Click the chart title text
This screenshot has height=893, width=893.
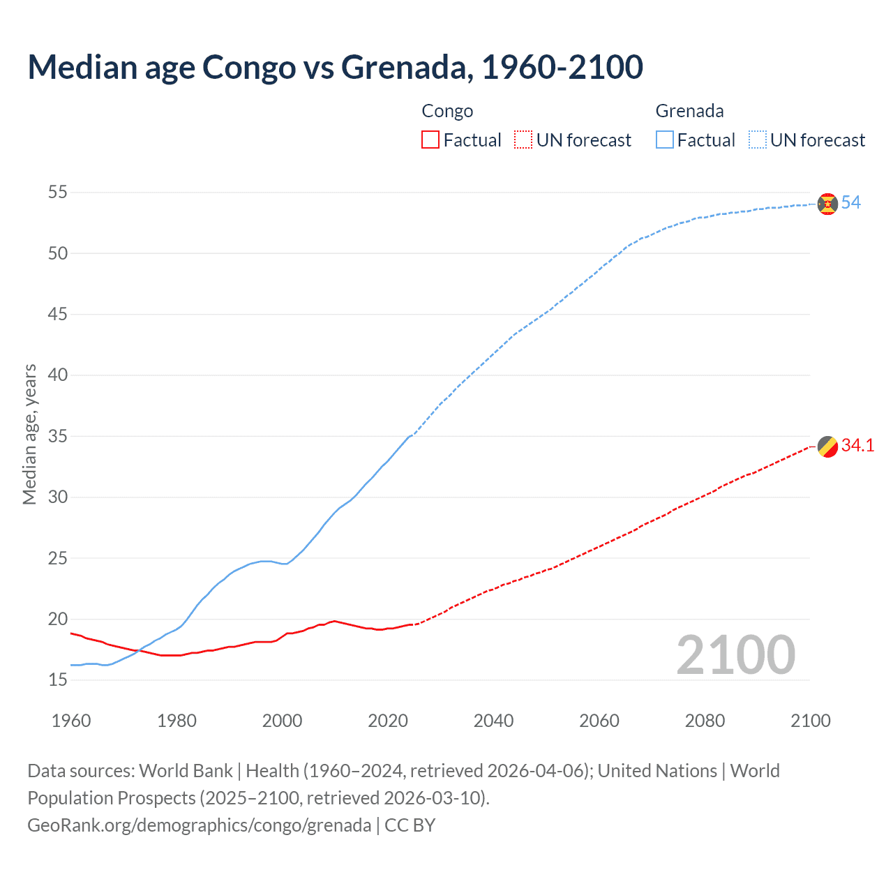point(335,67)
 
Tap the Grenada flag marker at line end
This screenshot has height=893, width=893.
point(827,204)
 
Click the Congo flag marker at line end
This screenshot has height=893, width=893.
point(827,446)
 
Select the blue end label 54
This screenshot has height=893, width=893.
point(850,203)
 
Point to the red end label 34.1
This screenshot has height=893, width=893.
point(857,446)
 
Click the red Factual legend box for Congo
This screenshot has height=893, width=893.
point(430,140)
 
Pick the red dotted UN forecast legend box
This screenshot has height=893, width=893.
point(523,140)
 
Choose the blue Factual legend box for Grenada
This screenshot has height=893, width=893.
point(664,140)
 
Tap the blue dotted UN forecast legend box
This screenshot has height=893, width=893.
point(757,140)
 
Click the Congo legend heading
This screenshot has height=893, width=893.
point(447,111)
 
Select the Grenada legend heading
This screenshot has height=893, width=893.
point(689,111)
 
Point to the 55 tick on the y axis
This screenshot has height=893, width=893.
point(58,193)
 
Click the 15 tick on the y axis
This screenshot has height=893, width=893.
point(58,680)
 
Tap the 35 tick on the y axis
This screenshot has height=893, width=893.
point(58,437)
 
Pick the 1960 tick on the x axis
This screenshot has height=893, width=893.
point(71,721)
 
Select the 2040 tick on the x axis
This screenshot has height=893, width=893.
point(493,721)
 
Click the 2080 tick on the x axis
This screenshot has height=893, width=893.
point(705,721)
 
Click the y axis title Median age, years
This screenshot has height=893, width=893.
point(29,434)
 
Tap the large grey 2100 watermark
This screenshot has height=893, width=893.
point(735,655)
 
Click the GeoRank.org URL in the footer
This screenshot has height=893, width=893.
point(199,825)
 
